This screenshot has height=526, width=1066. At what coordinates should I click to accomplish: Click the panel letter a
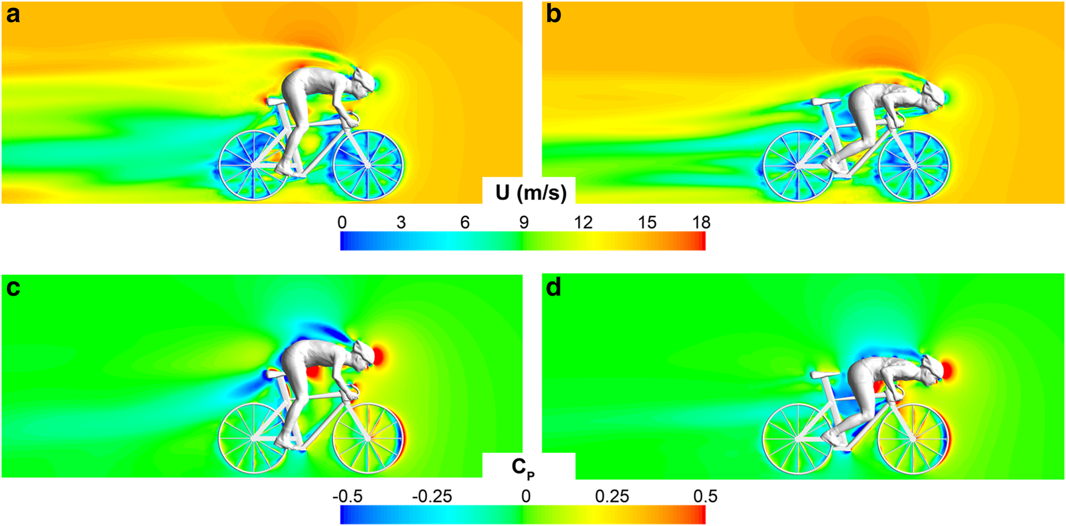pyautogui.click(x=13, y=15)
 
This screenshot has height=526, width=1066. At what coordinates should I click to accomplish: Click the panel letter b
pyautogui.click(x=553, y=15)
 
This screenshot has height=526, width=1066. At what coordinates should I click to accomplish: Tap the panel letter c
pyautogui.click(x=13, y=288)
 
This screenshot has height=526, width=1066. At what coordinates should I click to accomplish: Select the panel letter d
pyautogui.click(x=553, y=288)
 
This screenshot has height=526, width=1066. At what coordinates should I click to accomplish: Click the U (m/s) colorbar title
pyautogui.click(x=530, y=192)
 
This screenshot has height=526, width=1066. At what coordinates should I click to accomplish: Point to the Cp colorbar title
pyautogui.click(x=522, y=467)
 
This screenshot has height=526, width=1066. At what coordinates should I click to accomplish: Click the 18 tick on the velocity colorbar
pyautogui.click(x=701, y=222)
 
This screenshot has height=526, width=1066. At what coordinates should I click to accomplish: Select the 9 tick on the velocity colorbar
pyautogui.click(x=523, y=222)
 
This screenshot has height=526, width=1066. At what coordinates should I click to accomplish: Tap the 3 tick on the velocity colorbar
pyautogui.click(x=401, y=222)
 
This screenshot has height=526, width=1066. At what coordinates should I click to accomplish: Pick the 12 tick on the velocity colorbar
pyautogui.click(x=583, y=222)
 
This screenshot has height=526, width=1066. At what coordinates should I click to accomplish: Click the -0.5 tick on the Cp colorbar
pyautogui.click(x=348, y=496)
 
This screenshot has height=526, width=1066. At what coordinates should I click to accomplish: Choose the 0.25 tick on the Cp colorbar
pyautogui.click(x=612, y=496)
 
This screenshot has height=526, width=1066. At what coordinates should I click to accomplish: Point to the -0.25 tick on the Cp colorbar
pyautogui.click(x=432, y=496)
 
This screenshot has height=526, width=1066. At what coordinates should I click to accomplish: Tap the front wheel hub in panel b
pyautogui.click(x=914, y=166)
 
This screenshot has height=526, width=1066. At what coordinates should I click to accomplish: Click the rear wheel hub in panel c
pyautogui.click(x=254, y=438)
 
